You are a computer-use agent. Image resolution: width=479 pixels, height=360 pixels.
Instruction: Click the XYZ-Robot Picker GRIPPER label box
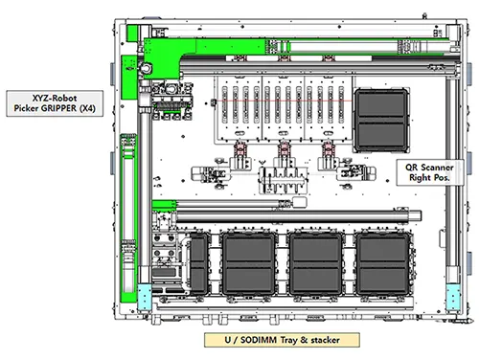tap(55, 103)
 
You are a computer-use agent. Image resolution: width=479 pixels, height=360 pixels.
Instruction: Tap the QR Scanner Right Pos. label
tap(430, 172)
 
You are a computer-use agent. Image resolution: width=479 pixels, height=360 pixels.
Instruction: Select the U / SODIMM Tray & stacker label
tap(282, 340)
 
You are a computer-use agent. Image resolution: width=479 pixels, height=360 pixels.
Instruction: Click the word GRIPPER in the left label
tap(58, 108)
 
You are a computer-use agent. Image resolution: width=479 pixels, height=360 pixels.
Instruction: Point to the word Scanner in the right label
tap(437, 168)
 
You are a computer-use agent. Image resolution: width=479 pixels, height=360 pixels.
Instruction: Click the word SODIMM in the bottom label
tap(259, 340)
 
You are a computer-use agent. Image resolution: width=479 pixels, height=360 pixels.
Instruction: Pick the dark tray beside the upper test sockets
tap(381, 121)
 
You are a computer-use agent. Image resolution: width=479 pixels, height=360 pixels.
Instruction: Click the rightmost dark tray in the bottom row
tap(383, 264)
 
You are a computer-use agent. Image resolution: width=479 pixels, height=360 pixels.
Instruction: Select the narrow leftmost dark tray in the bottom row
tap(199, 264)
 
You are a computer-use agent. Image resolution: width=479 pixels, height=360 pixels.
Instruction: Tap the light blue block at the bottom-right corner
tap(453, 297)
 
